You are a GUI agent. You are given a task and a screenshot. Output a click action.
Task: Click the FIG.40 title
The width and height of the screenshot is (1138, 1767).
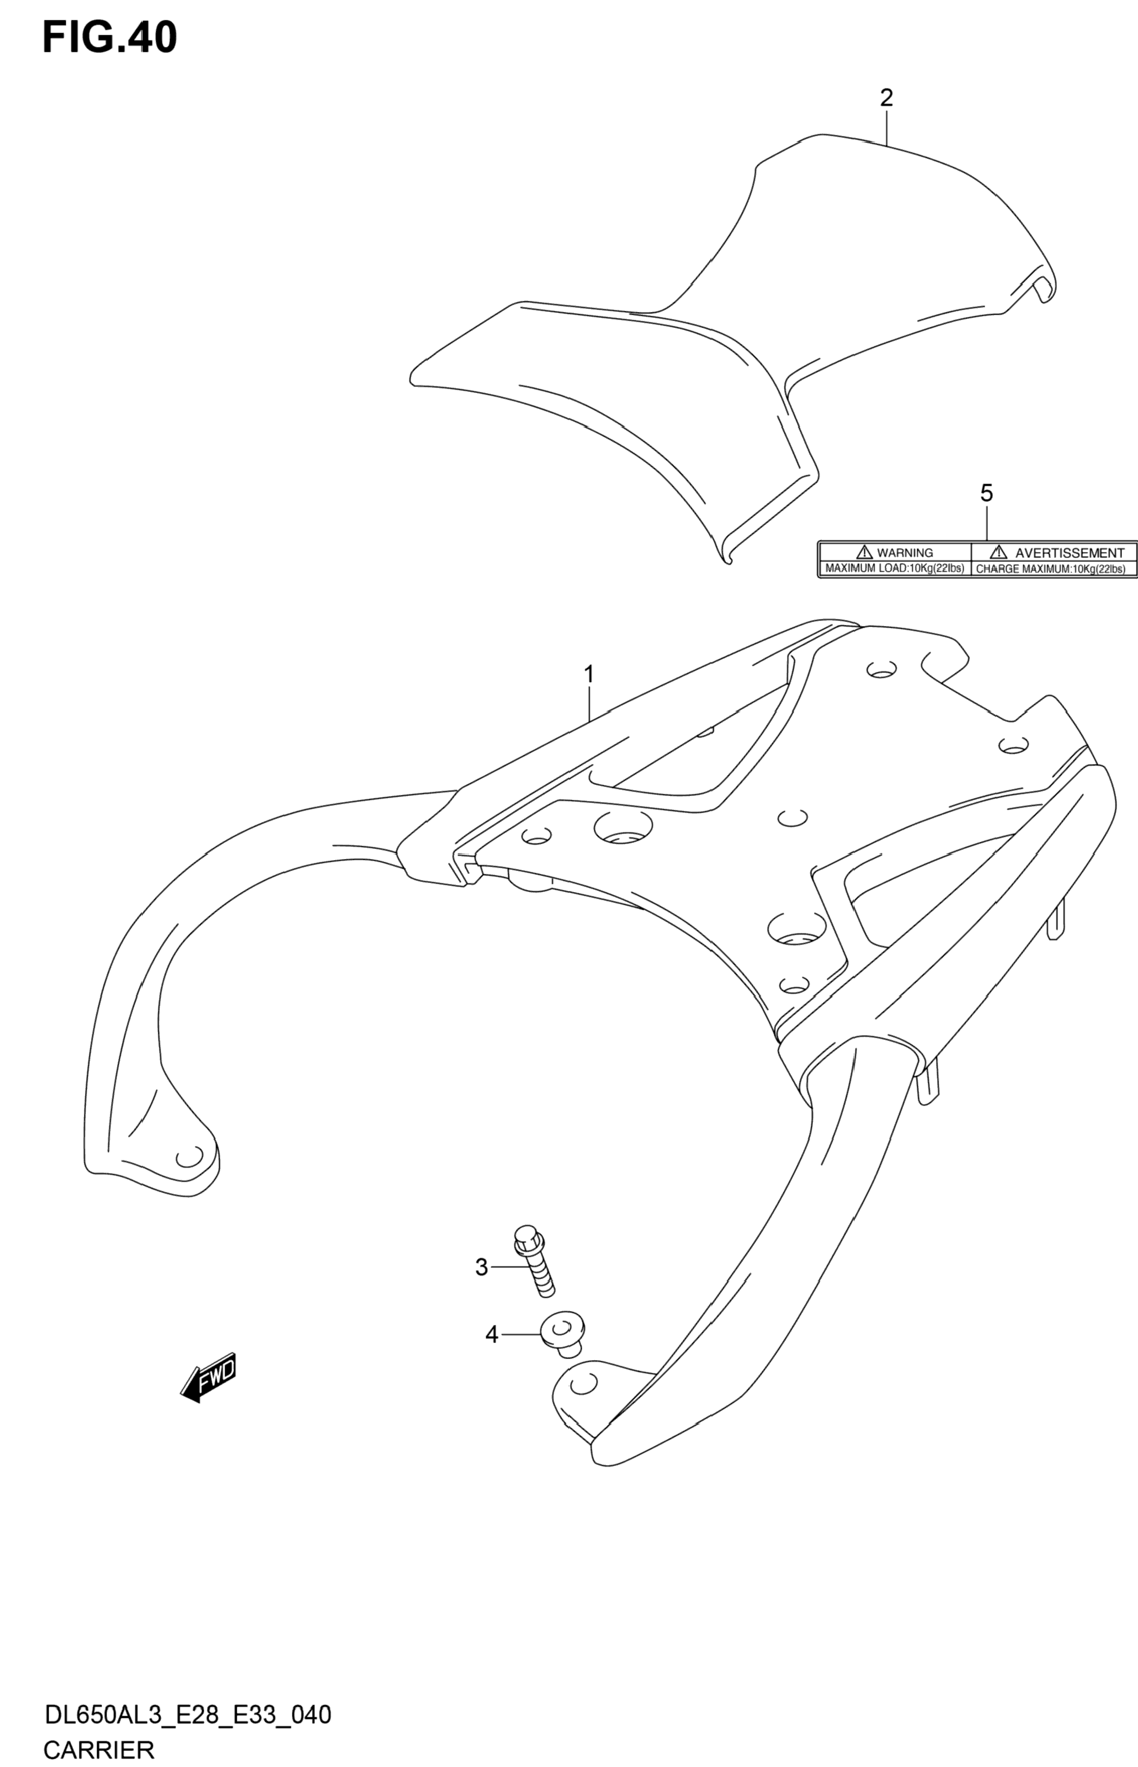click(109, 38)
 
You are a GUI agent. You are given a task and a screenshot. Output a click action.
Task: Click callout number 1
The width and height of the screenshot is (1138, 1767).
click(589, 674)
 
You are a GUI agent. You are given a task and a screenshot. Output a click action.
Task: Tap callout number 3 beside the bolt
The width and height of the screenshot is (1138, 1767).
click(481, 1267)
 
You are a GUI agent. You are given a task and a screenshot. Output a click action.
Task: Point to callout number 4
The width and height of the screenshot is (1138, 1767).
click(491, 1335)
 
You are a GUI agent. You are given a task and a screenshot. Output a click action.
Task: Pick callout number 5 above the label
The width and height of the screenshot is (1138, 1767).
click(987, 493)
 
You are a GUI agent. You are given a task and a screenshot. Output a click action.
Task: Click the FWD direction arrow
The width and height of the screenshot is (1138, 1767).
click(209, 1377)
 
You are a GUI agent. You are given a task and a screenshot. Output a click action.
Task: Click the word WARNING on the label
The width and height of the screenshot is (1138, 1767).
click(905, 553)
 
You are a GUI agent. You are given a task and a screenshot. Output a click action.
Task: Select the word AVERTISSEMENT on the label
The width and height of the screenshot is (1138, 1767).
click(1069, 553)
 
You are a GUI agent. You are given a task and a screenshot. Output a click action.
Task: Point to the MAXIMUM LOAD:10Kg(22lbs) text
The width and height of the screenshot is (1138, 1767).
click(894, 569)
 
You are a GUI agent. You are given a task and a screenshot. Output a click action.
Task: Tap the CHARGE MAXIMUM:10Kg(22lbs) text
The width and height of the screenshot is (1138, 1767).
click(1051, 569)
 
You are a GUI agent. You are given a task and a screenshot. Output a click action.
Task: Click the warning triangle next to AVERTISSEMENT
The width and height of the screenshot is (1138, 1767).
click(998, 552)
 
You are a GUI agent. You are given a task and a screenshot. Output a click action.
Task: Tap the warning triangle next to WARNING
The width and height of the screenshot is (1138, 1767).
click(864, 552)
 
